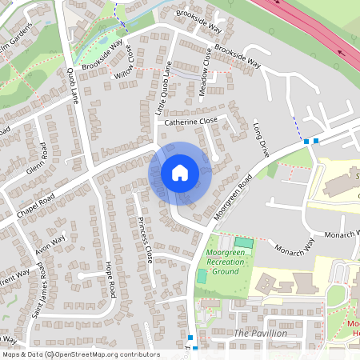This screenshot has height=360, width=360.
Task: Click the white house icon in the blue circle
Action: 180,172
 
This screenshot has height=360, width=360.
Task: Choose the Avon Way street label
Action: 50,242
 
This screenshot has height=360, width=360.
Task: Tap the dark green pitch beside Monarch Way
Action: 243,242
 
